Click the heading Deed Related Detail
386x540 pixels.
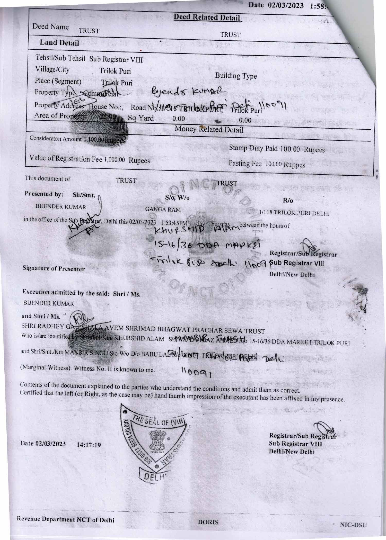pos(207,17)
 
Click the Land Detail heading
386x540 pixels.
pos(59,43)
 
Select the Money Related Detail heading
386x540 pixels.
pos(209,129)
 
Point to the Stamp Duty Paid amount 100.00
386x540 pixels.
pos(290,149)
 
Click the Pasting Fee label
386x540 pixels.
pos(245,164)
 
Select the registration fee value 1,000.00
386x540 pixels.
pos(115,160)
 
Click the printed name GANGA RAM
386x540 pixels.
pos(163,210)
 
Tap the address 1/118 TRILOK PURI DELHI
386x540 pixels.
pos(294,213)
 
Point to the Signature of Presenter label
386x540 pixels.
pos(54,269)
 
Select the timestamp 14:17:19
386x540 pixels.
pos(89,445)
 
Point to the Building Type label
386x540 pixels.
pos(236,76)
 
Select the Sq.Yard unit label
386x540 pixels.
pos(141,118)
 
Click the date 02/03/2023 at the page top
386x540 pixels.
pos(285,5)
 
